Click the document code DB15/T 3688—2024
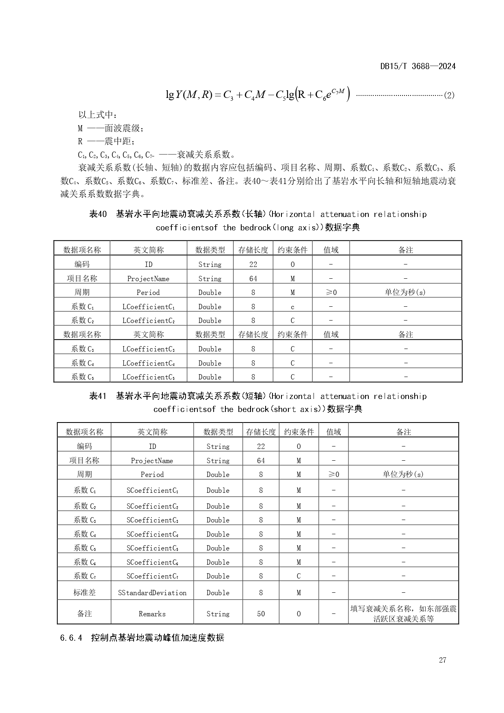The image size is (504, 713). pyautogui.click(x=418, y=66)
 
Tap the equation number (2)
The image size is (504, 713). pyautogui.click(x=449, y=95)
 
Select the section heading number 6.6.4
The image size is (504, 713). pyautogui.click(x=71, y=637)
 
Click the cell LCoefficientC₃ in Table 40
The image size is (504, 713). pyautogui.click(x=149, y=349)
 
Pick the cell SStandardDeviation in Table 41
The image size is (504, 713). pyautogui.click(x=152, y=593)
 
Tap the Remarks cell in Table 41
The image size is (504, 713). pyautogui.click(x=152, y=614)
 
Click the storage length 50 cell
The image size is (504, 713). pyautogui.click(x=261, y=614)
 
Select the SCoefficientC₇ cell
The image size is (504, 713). pyautogui.click(x=152, y=576)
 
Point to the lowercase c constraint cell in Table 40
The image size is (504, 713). pyautogui.click(x=292, y=307)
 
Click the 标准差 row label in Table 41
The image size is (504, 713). pyautogui.click(x=84, y=593)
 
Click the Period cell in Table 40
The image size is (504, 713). pyautogui.click(x=148, y=293)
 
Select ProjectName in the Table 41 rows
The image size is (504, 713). pyautogui.click(x=152, y=461)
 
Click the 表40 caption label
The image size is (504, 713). pyautogui.click(x=98, y=214)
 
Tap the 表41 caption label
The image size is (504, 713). pyautogui.click(x=98, y=396)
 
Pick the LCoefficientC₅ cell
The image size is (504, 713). pyautogui.click(x=149, y=377)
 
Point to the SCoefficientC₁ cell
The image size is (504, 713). pyautogui.click(x=152, y=490)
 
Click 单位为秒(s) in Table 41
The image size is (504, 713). pyautogui.click(x=403, y=474)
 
